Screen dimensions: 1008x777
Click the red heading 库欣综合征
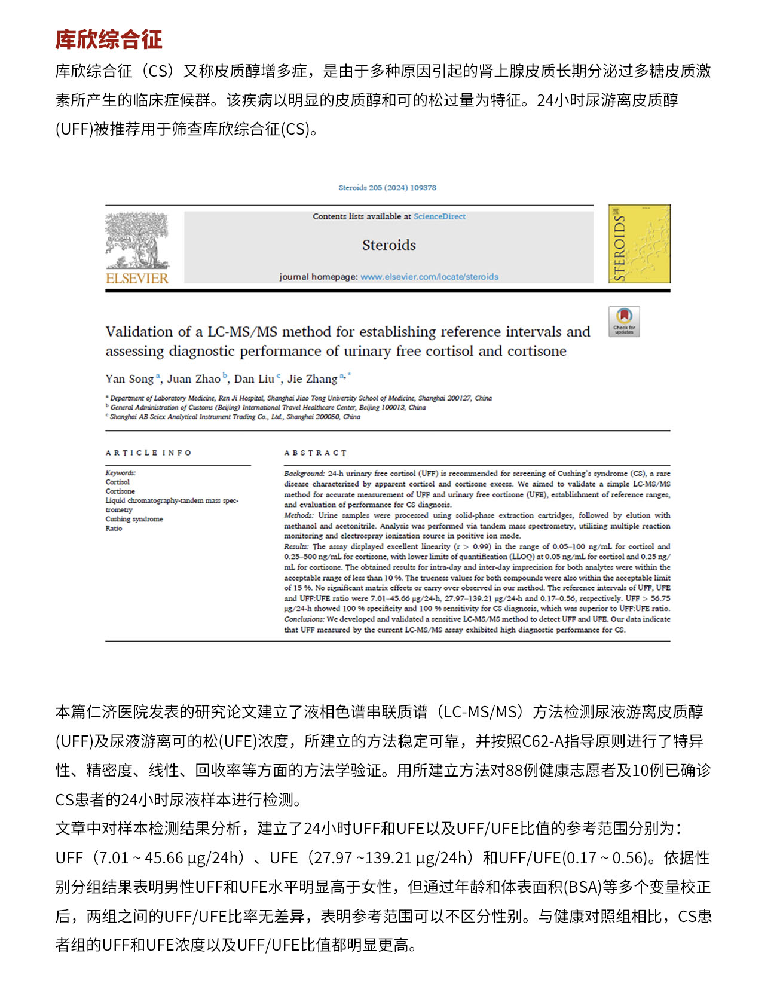(x=109, y=39)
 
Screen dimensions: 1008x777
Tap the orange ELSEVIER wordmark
(x=137, y=278)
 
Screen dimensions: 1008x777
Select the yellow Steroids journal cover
(x=639, y=243)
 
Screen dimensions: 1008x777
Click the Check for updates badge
(x=624, y=321)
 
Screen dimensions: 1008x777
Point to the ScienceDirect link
(x=439, y=216)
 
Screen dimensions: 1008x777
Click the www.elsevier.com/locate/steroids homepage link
(x=429, y=277)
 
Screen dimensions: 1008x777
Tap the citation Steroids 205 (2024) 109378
(x=387, y=188)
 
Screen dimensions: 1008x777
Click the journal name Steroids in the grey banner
(x=389, y=245)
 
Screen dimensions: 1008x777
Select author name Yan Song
(x=130, y=379)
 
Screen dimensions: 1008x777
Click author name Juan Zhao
(x=194, y=379)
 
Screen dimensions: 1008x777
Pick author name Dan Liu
(x=254, y=379)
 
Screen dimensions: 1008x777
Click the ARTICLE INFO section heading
(x=148, y=453)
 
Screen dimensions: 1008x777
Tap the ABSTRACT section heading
(x=315, y=453)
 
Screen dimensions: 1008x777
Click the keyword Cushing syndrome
(x=134, y=519)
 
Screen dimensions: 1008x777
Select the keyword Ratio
(x=114, y=529)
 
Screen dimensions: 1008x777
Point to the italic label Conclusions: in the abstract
(x=304, y=619)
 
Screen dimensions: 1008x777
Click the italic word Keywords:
(x=120, y=473)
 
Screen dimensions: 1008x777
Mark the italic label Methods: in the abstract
(x=298, y=515)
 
